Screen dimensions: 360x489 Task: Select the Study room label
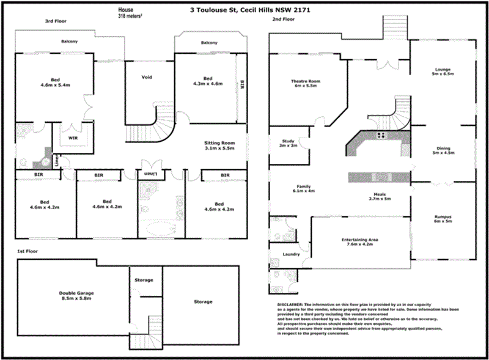287,143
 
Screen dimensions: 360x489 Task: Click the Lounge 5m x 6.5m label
443,72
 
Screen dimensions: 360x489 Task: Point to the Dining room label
443,150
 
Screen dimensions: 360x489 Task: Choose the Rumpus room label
443,218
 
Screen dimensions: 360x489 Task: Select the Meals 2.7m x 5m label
379,196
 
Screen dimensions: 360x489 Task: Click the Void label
147,77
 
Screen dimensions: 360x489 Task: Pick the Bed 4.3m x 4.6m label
208,81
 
